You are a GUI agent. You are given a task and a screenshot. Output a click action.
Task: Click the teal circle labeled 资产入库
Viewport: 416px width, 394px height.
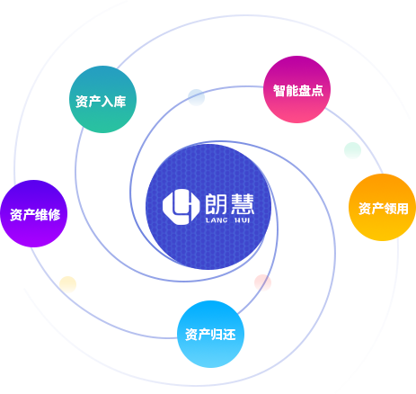[x=102, y=99]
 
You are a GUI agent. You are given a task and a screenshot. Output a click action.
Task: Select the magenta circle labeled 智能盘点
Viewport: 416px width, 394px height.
[x=297, y=89]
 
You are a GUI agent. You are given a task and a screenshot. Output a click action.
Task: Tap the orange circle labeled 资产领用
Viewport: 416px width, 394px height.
[x=383, y=207]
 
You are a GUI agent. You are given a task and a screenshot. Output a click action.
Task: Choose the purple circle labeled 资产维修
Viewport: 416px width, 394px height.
[x=34, y=213]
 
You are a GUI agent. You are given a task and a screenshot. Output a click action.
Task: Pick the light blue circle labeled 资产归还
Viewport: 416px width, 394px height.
[x=210, y=334]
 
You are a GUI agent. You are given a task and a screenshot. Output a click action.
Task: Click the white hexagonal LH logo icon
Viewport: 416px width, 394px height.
[x=181, y=207]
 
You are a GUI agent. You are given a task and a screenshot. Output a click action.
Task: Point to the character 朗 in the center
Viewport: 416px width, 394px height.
[x=216, y=204]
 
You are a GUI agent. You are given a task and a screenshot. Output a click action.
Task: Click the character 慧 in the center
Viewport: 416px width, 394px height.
[x=243, y=204]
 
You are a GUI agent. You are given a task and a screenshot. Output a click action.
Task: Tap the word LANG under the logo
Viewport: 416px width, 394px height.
[x=217, y=220]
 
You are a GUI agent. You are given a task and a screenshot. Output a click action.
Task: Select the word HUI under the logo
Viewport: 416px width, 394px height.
[x=242, y=220]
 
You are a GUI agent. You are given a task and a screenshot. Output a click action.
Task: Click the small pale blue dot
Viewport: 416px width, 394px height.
[x=196, y=97]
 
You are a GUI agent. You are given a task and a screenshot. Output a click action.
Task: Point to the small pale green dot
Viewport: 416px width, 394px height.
[x=352, y=150]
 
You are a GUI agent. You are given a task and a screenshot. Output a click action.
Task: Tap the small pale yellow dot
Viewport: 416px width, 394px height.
[x=68, y=284]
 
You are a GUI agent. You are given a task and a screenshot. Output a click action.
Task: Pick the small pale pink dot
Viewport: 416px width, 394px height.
[x=262, y=282]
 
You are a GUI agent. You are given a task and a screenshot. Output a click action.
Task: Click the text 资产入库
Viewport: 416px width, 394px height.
[x=101, y=102]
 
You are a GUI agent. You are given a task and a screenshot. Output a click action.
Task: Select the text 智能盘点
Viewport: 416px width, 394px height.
[x=298, y=90]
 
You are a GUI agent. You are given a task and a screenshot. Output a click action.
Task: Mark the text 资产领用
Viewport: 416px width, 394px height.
[x=384, y=209]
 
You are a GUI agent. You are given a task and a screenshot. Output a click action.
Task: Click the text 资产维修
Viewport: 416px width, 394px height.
[x=35, y=215]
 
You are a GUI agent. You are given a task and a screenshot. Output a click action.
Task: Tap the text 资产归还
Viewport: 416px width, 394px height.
[x=210, y=335]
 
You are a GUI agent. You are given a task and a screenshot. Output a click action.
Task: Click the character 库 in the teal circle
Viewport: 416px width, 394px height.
[x=119, y=102]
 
